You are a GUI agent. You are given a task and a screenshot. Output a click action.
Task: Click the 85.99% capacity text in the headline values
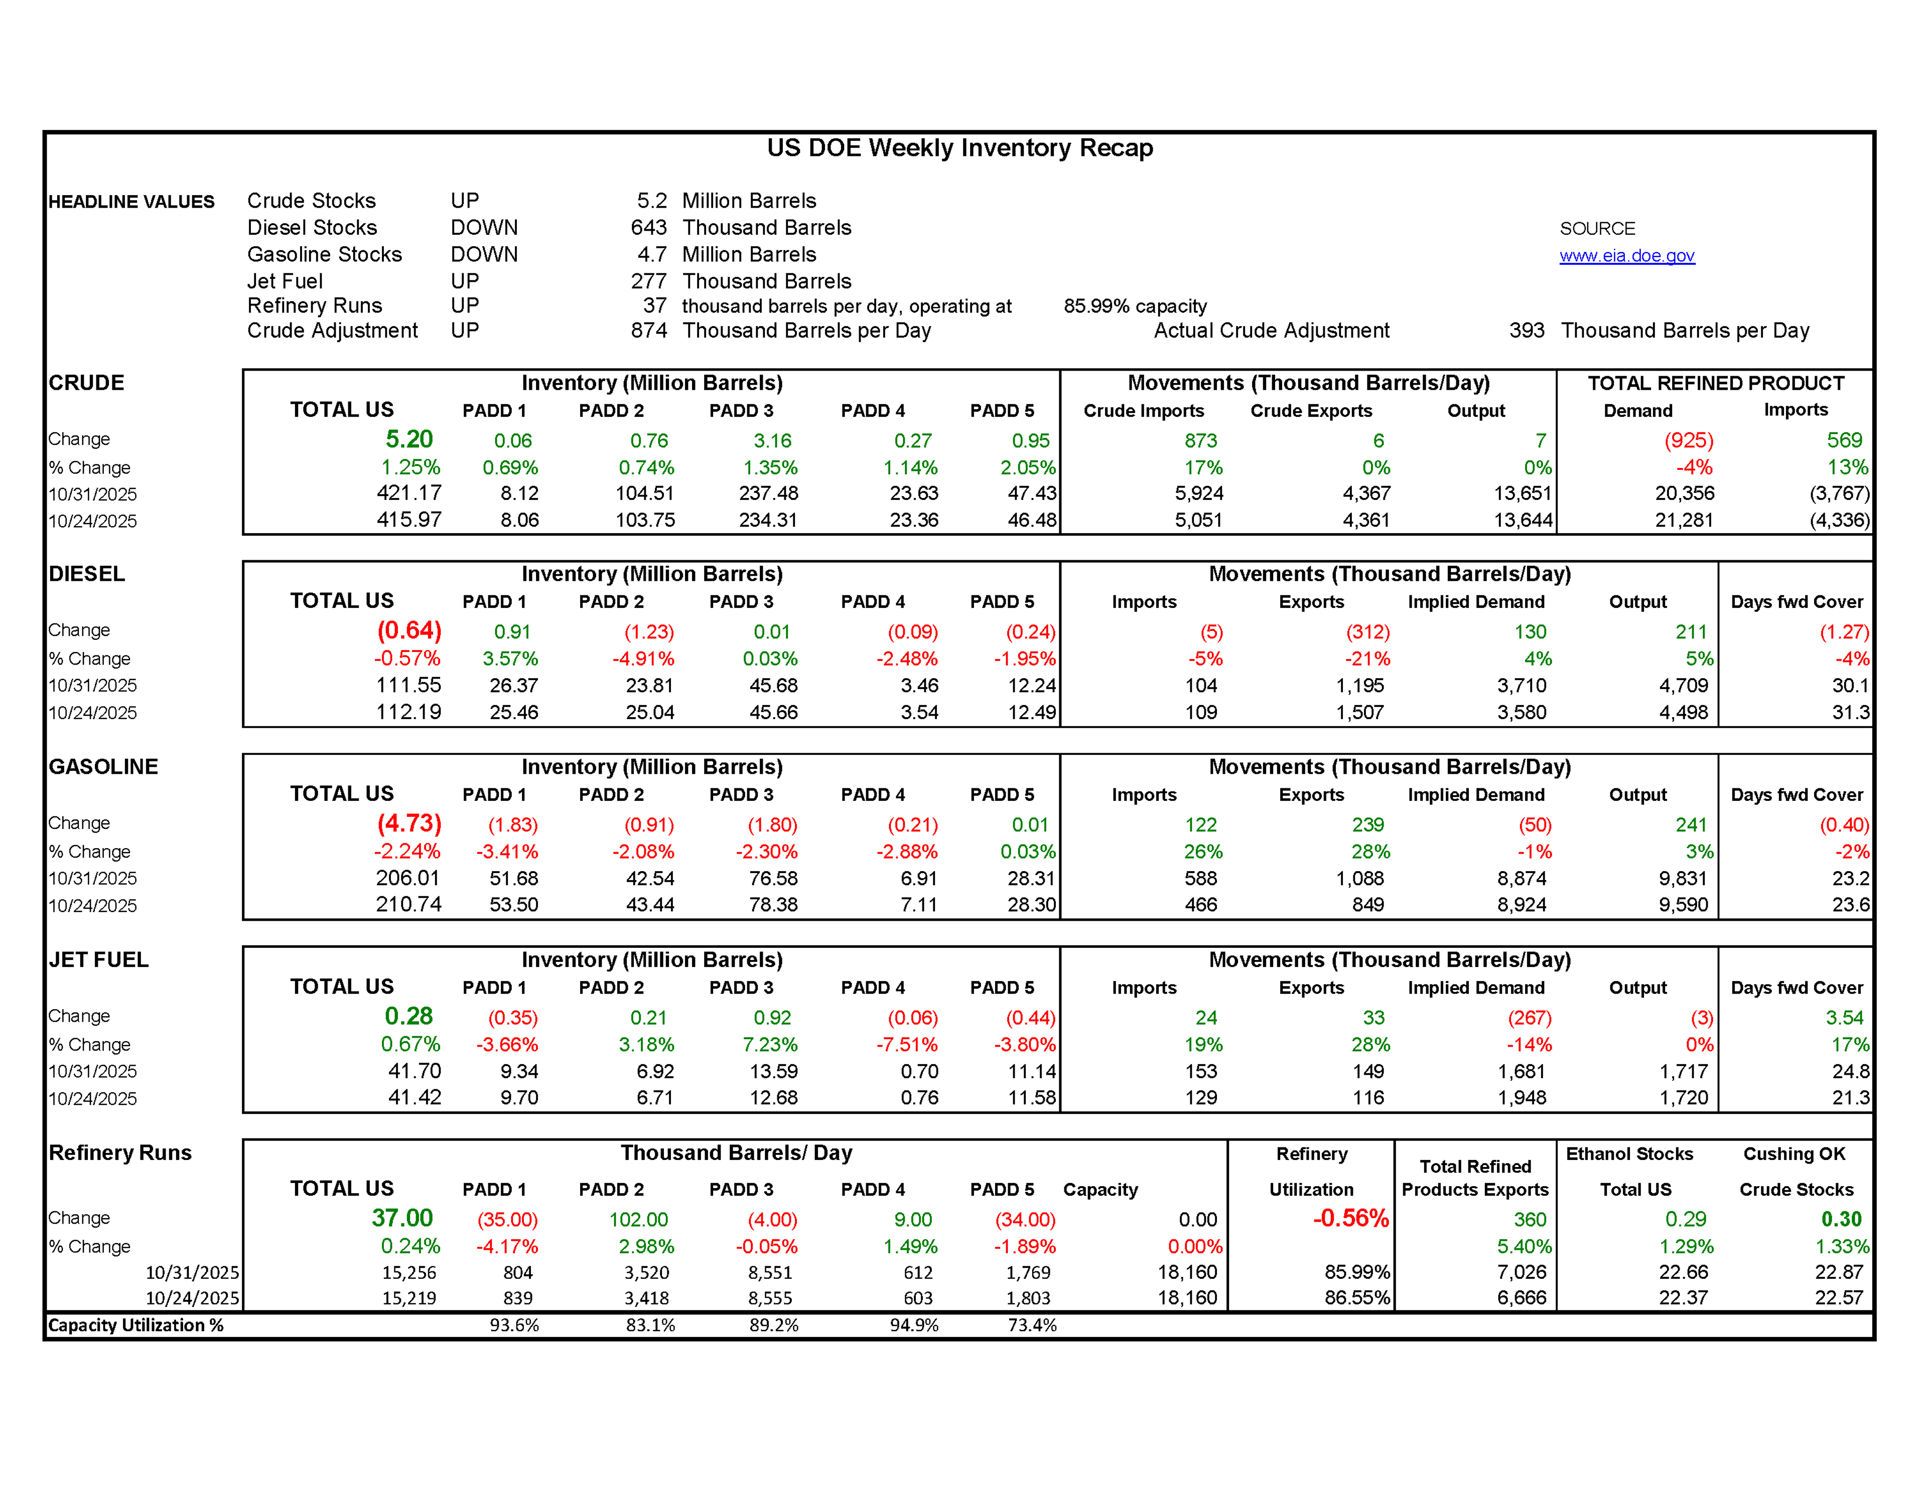[1135, 306]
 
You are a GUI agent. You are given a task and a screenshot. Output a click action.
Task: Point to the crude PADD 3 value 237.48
[768, 493]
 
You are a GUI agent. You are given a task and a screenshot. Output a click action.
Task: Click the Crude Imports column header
[1144, 411]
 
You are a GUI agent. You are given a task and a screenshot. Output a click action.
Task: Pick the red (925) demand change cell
[1688, 440]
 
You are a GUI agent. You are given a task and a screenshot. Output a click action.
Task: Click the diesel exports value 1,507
[1359, 713]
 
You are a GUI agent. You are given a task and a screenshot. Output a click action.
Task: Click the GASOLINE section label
[103, 766]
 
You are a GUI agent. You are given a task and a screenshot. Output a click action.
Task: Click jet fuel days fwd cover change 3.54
[1844, 1018]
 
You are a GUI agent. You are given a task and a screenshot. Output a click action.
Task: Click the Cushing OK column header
[1794, 1153]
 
